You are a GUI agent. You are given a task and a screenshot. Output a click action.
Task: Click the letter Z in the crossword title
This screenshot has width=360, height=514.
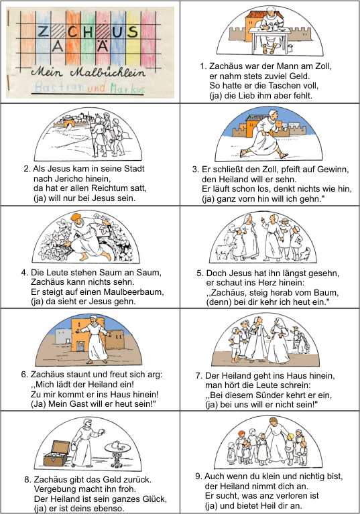click(x=43, y=31)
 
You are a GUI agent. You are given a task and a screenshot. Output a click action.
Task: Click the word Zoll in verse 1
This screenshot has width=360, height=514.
click(x=323, y=66)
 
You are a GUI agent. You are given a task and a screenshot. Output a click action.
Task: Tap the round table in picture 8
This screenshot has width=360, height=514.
click(x=117, y=454)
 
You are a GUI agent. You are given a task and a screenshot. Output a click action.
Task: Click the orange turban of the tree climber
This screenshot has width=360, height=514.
click(x=76, y=216)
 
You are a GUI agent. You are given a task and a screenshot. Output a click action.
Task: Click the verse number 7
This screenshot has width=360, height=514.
click(x=198, y=375)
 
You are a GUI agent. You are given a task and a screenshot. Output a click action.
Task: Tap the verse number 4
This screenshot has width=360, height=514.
click(x=25, y=272)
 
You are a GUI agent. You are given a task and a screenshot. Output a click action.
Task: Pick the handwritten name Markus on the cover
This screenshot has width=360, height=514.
click(x=127, y=88)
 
